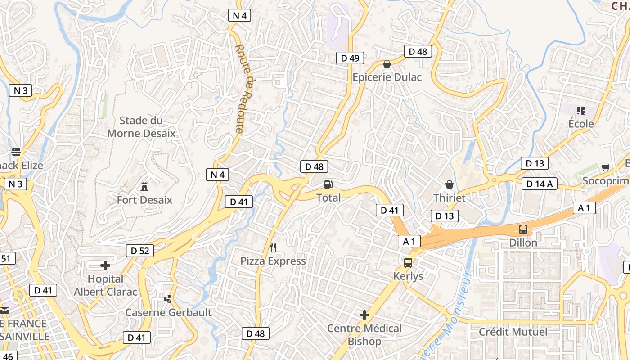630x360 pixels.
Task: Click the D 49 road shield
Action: tap(350, 58)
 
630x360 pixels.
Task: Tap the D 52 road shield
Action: tap(140, 251)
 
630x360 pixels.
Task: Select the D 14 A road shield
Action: tap(540, 184)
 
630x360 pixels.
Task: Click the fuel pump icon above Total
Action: tap(328, 184)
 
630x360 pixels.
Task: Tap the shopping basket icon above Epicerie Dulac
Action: tap(387, 64)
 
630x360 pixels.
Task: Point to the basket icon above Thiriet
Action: tap(449, 184)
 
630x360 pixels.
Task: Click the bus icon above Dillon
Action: tap(523, 229)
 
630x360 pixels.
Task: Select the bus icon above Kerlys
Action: tap(408, 263)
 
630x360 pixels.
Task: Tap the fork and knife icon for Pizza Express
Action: tap(273, 247)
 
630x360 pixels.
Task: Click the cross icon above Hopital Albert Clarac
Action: tap(105, 265)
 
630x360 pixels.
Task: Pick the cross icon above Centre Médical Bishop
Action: tap(364, 315)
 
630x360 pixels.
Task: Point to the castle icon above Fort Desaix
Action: tap(144, 186)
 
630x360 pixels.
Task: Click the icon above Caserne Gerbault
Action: tap(168, 299)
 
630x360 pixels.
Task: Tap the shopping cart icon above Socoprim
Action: tap(605, 168)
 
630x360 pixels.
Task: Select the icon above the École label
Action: tap(580, 110)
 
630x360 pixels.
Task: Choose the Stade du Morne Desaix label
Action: tap(141, 127)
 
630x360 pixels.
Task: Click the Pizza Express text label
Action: tap(273, 261)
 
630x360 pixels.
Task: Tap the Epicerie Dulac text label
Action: tap(387, 77)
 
